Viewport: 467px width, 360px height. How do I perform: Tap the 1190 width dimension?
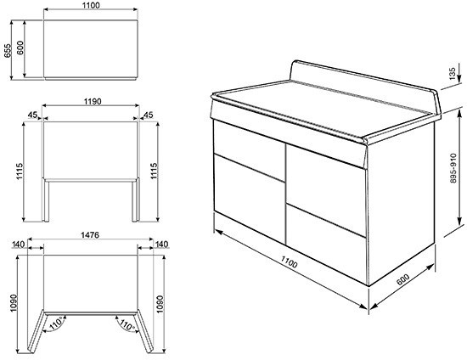[93, 102]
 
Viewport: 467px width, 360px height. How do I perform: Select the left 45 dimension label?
[32, 116]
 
